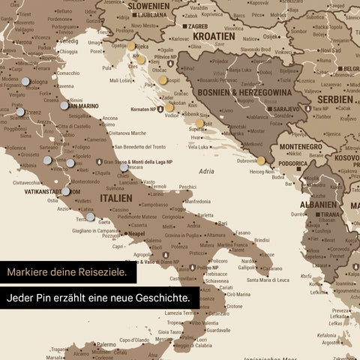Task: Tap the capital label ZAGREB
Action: click(198, 25)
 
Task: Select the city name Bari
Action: click(223, 222)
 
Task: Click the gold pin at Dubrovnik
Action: click(261, 160)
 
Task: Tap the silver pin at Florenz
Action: click(20, 112)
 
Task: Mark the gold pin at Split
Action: click(199, 123)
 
